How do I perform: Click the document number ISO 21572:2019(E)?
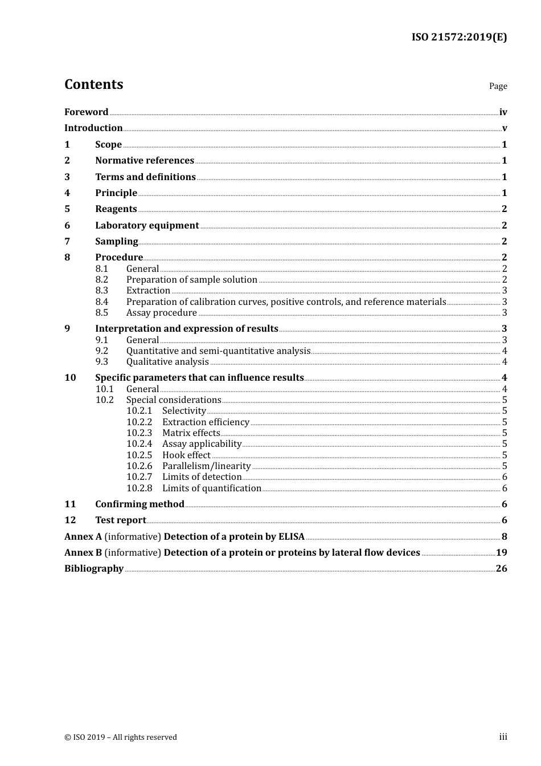pos(459,37)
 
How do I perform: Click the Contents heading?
pos(93,84)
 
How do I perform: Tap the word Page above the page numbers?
pos(498,86)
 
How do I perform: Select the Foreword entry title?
pos(86,112)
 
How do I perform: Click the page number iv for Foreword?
pos(503,112)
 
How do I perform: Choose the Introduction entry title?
pos(93,128)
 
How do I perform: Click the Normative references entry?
pos(145,160)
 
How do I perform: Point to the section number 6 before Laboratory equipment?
pos(67,225)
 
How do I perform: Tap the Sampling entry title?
pos(116,241)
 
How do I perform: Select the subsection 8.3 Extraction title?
pos(148,290)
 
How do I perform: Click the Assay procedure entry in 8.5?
pos(161,312)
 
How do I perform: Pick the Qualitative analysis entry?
pos(167,361)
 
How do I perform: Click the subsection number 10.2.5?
pos(139,455)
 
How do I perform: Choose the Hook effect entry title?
pos(186,455)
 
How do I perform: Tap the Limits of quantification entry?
pos(211,488)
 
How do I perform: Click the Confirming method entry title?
pos(140,504)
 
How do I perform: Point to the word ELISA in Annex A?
pos(291,536)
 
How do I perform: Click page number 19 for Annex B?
pos(501,552)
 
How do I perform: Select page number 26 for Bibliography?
pos(501,568)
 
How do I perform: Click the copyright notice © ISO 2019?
pos(120,737)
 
